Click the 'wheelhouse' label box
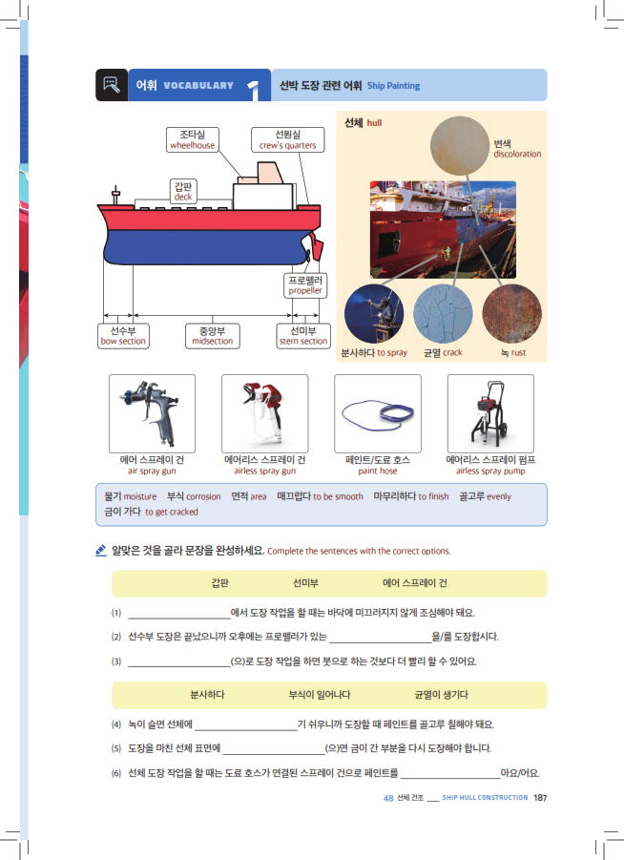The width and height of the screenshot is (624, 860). pyautogui.click(x=193, y=140)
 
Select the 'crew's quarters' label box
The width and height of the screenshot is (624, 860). pyautogui.click(x=288, y=140)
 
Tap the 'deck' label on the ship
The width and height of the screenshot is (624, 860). pyautogui.click(x=183, y=192)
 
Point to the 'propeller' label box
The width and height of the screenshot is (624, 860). pyautogui.click(x=305, y=285)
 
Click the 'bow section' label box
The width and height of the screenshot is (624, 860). pyautogui.click(x=123, y=336)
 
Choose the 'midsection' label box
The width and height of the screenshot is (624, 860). pyautogui.click(x=212, y=336)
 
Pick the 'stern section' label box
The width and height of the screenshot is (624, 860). pyautogui.click(x=303, y=336)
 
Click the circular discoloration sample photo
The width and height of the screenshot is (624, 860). pyautogui.click(x=460, y=146)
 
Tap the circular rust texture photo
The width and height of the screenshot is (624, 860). pyautogui.click(x=511, y=314)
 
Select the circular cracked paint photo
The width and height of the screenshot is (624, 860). pyautogui.click(x=443, y=314)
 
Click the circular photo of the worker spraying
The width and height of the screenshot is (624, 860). pyautogui.click(x=374, y=314)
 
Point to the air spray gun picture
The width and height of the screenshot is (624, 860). pyautogui.click(x=152, y=412)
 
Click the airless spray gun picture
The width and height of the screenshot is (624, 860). pyautogui.click(x=265, y=412)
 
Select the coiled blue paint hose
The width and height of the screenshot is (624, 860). pyautogui.click(x=378, y=414)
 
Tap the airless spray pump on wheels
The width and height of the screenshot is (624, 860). pyautogui.click(x=490, y=412)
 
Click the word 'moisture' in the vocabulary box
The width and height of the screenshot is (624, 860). pyautogui.click(x=140, y=496)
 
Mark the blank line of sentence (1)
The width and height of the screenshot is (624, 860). pyautogui.click(x=179, y=619)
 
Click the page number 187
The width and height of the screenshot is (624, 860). pyautogui.click(x=540, y=797)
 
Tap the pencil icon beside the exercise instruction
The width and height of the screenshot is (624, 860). pyautogui.click(x=101, y=550)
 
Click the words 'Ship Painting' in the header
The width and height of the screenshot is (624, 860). pyautogui.click(x=394, y=86)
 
